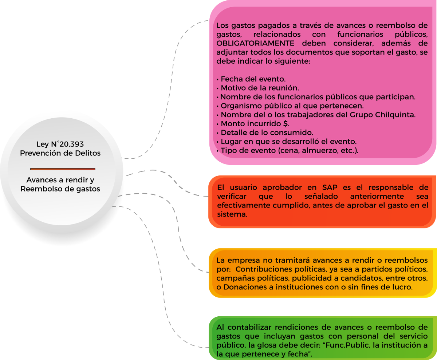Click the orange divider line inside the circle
coord(63,169)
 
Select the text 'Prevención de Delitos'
coord(60,153)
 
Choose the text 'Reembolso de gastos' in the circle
coord(60,189)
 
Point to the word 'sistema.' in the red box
coord(232,215)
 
